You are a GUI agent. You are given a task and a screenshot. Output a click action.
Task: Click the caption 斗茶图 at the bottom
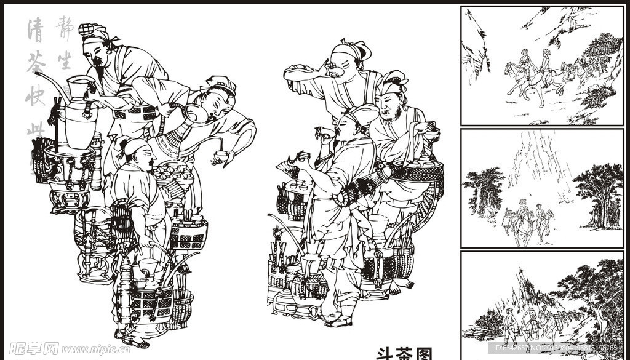[404, 353]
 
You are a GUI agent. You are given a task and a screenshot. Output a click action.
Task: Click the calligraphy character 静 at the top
[63, 28]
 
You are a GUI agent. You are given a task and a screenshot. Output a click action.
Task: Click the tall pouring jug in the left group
[79, 111]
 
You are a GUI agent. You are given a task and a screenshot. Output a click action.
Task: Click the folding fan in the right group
[287, 167]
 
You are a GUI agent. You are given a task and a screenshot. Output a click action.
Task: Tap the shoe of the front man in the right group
[340, 321]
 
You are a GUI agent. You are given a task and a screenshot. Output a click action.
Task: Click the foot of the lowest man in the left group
[134, 340]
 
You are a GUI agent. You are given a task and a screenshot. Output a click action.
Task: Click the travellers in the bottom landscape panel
[529, 323]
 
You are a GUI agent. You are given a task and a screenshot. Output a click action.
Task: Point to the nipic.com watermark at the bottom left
[68, 349]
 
